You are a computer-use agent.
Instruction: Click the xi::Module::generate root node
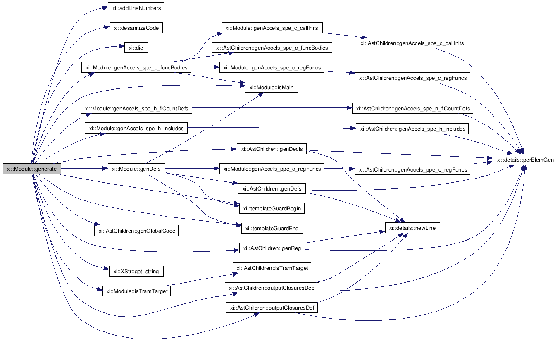(32, 169)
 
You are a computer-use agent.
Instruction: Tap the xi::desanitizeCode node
(136, 28)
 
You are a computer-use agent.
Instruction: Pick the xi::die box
(136, 48)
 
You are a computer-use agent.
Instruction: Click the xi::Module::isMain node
(272, 87)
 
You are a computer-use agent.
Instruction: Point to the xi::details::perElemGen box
(525, 160)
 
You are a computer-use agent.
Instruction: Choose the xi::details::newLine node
(412, 228)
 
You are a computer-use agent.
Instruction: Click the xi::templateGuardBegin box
(272, 208)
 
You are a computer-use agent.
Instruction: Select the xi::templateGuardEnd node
(272, 228)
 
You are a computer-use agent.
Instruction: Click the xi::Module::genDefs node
(136, 169)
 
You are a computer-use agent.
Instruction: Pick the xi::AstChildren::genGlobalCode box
(136, 231)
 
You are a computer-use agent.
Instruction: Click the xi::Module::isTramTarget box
(137, 291)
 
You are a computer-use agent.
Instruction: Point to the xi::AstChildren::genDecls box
(272, 149)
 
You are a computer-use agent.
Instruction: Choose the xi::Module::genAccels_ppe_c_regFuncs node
(272, 169)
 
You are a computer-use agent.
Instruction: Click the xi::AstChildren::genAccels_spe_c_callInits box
(412, 43)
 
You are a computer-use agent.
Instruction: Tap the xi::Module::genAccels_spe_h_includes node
(136, 129)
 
